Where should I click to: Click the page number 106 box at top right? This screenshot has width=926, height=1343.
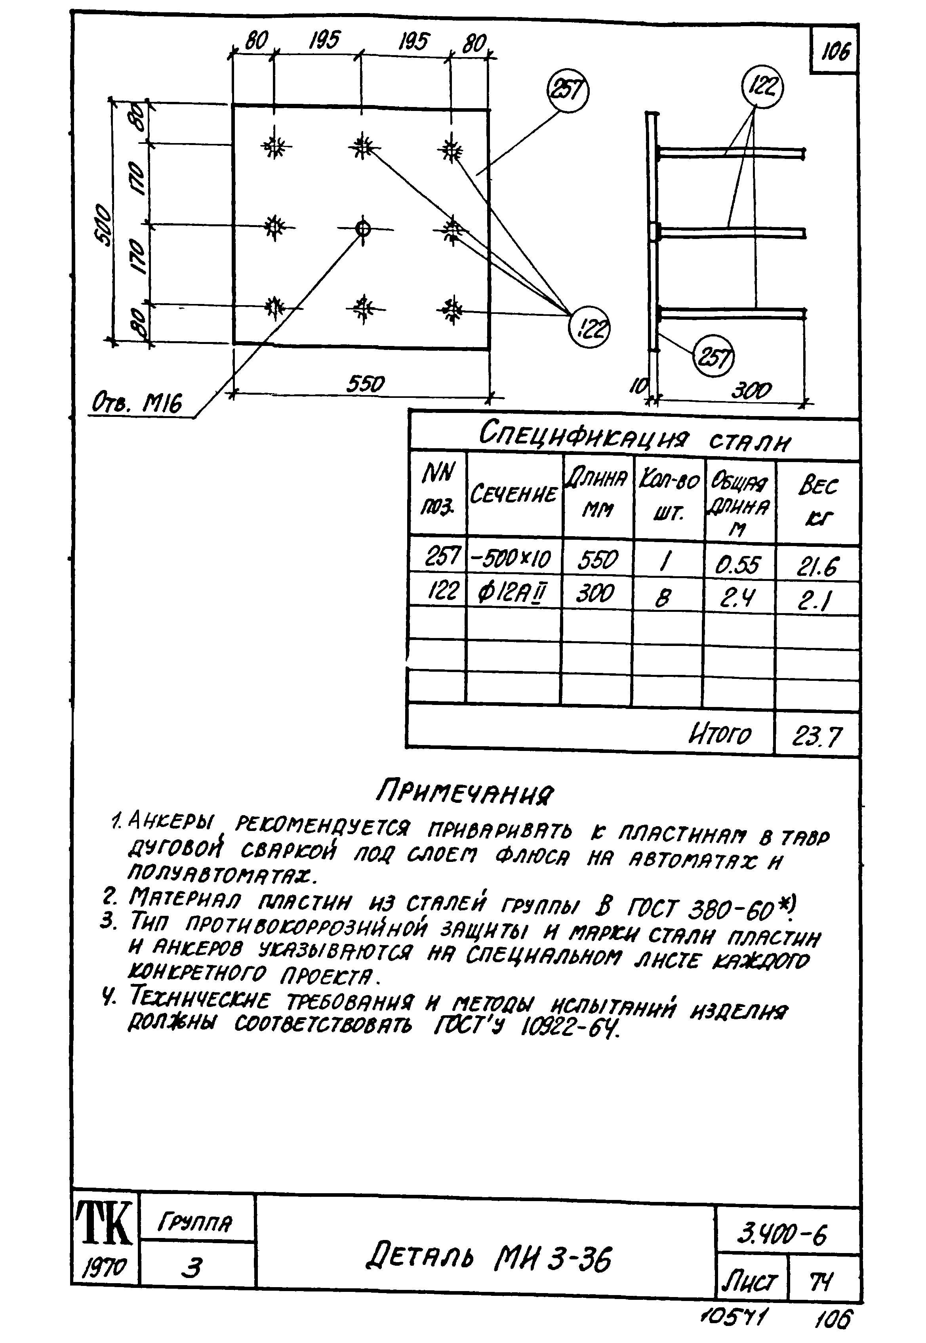pos(835,52)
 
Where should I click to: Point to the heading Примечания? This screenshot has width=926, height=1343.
pos(465,792)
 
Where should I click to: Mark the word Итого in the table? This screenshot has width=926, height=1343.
pos(719,735)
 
